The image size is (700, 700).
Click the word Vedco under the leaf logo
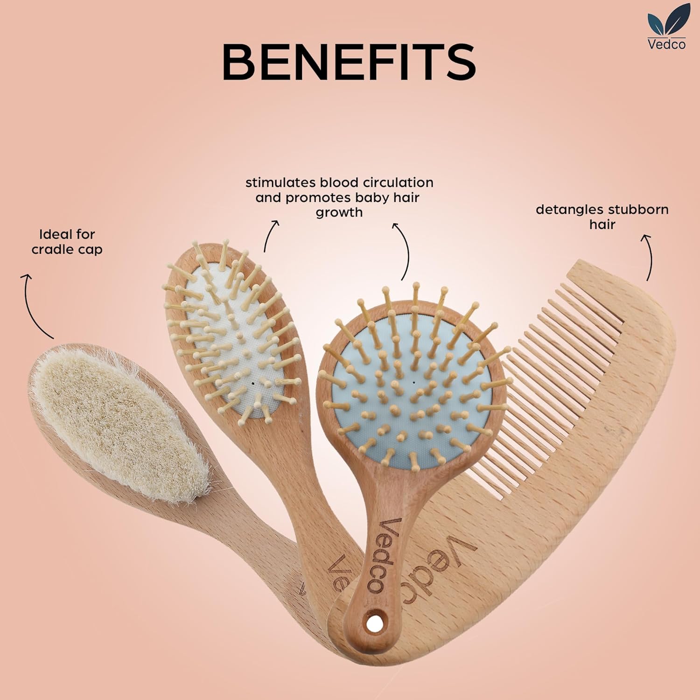(x=666, y=43)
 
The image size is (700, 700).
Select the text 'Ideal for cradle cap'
(x=67, y=241)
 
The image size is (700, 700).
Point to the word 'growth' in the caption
(x=339, y=213)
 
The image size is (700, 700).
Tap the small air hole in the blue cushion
(x=414, y=382)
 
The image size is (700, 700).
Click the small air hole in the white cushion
(x=252, y=382)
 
